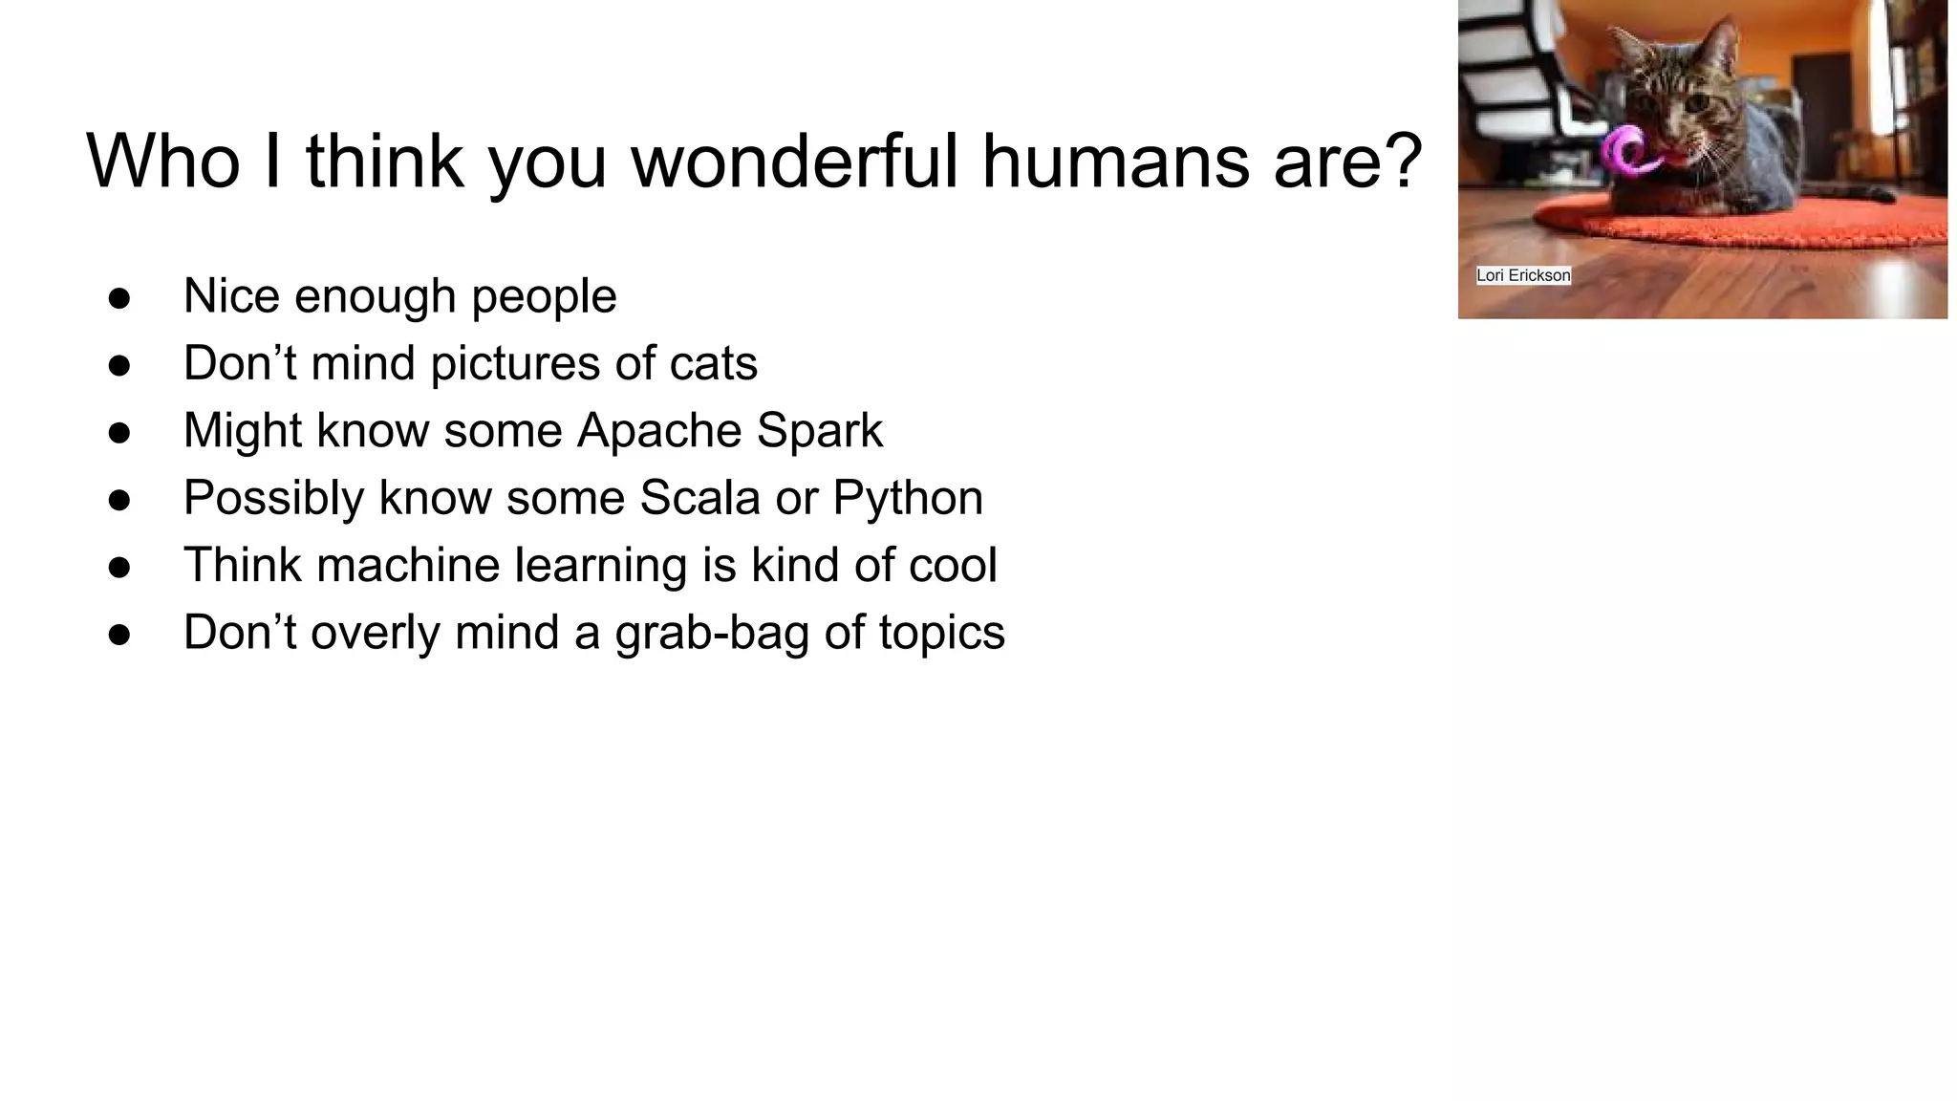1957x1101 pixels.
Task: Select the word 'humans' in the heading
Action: coord(1115,161)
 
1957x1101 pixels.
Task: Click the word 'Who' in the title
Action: coord(163,161)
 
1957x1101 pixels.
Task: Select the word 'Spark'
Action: coord(820,431)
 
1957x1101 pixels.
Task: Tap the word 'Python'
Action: coord(908,498)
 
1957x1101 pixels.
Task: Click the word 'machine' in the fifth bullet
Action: coord(408,565)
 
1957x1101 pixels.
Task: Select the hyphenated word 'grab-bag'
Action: coord(712,633)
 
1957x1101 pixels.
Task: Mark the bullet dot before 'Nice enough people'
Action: coord(119,297)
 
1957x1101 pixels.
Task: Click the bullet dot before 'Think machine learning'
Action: coord(119,567)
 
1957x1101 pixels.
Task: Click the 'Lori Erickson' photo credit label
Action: coord(1523,275)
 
